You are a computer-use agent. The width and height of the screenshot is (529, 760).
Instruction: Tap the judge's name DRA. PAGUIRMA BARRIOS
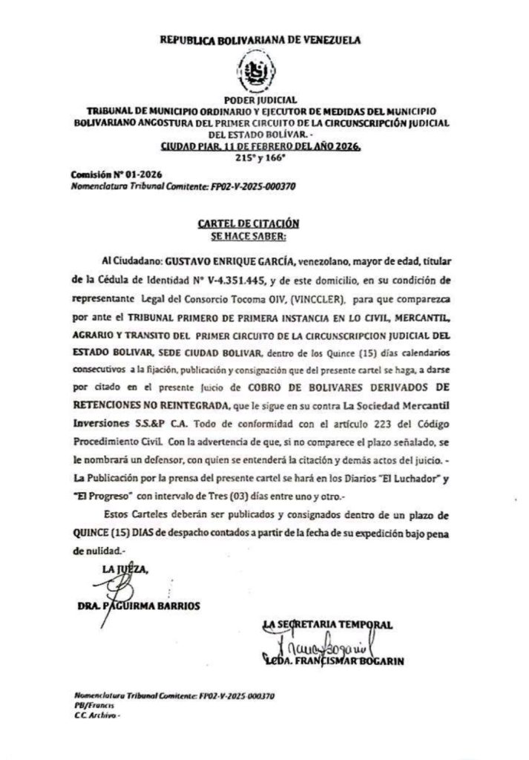coord(138,605)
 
